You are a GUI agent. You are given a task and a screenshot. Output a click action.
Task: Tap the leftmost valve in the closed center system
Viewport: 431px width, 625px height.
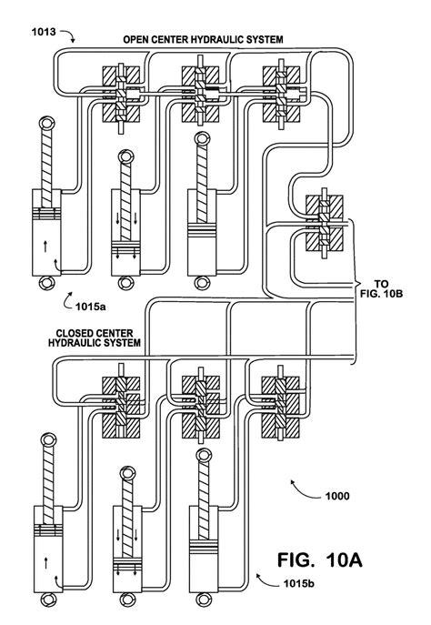pyautogui.click(x=121, y=398)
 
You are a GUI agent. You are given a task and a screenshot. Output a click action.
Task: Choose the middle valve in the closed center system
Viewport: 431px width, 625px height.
pyautogui.click(x=197, y=398)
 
